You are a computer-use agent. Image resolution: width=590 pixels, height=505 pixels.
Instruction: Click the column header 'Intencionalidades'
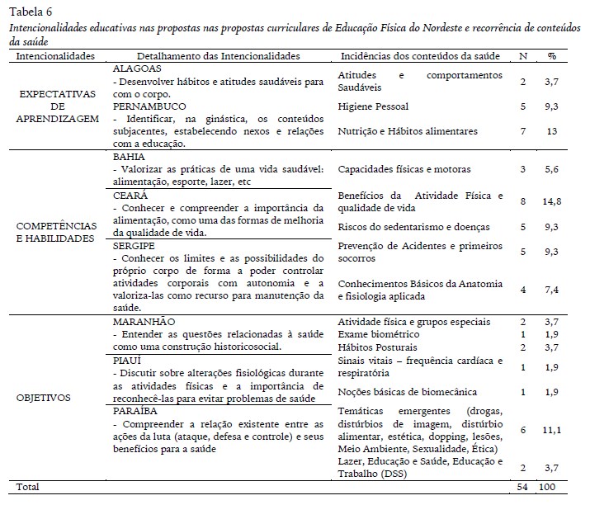click(x=55, y=56)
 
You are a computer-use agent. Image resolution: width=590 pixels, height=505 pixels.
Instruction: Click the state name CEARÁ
click(x=131, y=196)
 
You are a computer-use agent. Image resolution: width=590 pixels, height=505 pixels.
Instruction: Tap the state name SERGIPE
click(x=135, y=246)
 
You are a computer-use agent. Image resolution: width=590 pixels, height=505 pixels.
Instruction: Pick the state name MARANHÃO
click(x=145, y=320)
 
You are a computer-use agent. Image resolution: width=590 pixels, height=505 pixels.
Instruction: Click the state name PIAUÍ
click(x=128, y=361)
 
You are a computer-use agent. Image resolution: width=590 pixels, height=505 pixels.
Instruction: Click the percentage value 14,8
click(x=552, y=201)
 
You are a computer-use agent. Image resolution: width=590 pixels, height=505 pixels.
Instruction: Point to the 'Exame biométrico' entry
click(x=380, y=334)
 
